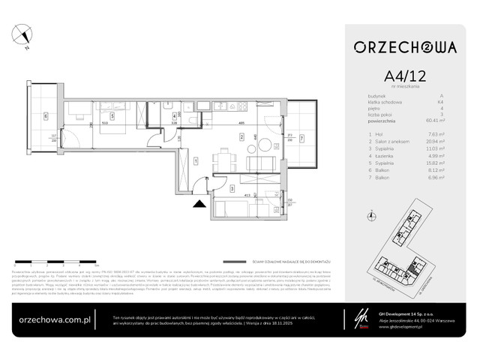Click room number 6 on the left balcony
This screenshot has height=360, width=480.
46,116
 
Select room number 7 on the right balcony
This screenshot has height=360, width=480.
301,137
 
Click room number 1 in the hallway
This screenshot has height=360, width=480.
194,160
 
